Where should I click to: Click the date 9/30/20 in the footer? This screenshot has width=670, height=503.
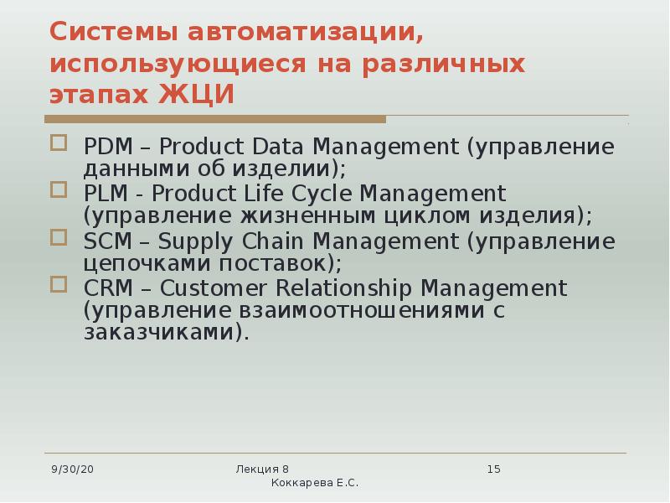[x=72, y=469]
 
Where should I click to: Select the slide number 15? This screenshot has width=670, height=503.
[x=493, y=469]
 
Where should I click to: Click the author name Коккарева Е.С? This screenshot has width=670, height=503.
[x=315, y=485]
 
